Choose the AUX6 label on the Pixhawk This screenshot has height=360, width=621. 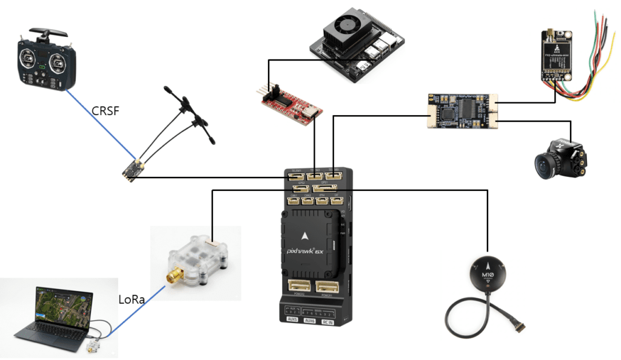click(x=310, y=320)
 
